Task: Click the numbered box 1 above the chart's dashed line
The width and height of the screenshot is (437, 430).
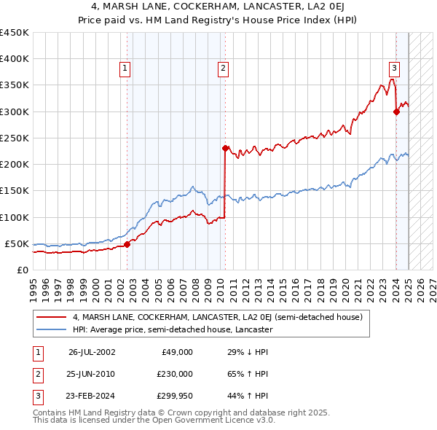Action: (x=125, y=69)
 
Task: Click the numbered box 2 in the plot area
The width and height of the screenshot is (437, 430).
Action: (x=222, y=69)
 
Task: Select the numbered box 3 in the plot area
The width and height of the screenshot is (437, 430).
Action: (x=393, y=69)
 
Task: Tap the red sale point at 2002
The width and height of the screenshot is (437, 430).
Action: (x=127, y=244)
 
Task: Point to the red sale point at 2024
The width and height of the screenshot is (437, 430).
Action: (x=396, y=112)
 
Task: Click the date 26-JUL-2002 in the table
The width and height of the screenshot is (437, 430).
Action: (x=92, y=351)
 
